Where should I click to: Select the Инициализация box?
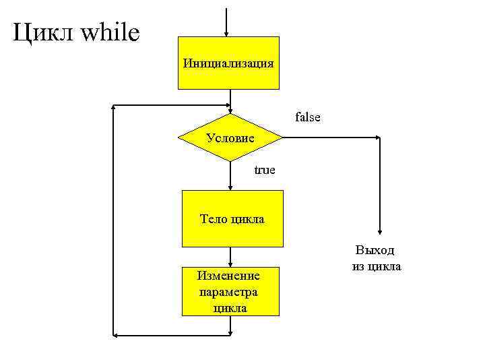pos(228,63)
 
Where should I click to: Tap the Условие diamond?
pos(230,138)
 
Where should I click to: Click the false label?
pos(308,117)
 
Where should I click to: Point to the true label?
pos(264,170)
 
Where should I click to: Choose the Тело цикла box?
pos(232,218)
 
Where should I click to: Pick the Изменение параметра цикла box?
pos(230,292)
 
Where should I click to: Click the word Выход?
pos(375,251)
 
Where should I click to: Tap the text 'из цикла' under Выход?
pos(376,266)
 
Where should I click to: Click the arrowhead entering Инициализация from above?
pos(227,34)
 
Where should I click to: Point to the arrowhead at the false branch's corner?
pos(377,138)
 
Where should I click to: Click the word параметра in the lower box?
pos(229,292)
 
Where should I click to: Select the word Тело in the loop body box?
pos(213,218)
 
